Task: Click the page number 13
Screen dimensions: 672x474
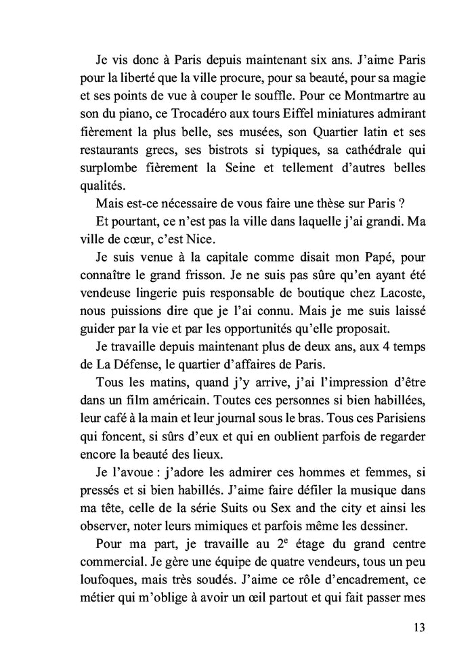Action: click(x=418, y=627)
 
